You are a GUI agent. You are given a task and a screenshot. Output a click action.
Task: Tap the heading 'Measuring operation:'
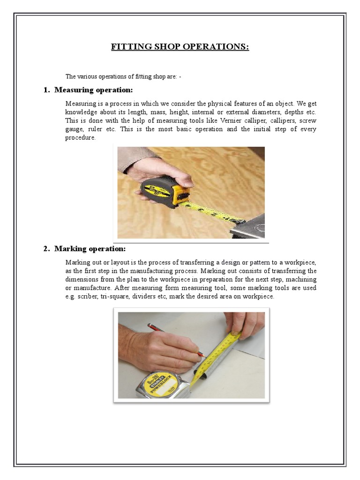[x=93, y=90]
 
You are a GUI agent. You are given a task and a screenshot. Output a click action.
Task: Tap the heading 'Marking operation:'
[x=90, y=248]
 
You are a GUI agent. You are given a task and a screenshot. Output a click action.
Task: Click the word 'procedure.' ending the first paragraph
[x=80, y=137]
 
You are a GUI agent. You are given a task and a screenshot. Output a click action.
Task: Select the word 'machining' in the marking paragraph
[x=300, y=280]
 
